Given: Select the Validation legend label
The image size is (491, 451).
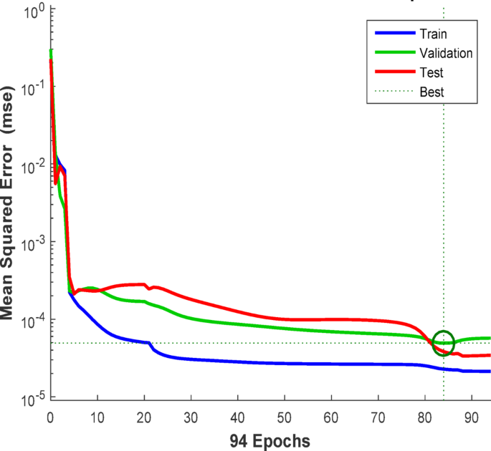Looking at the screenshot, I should click(x=447, y=53).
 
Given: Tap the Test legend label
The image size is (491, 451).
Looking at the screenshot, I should click(x=432, y=72).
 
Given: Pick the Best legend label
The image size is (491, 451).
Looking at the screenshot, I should click(x=432, y=92).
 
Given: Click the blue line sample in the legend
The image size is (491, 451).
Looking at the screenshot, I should click(x=394, y=34).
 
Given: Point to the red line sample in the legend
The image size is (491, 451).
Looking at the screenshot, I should click(x=394, y=72).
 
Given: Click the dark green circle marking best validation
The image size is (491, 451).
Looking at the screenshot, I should click(x=444, y=343).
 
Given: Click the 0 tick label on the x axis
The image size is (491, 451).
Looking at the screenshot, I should click(x=50, y=416).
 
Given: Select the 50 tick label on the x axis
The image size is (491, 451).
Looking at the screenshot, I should click(x=285, y=416).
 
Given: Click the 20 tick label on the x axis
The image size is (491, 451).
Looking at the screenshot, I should click(x=144, y=416).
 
